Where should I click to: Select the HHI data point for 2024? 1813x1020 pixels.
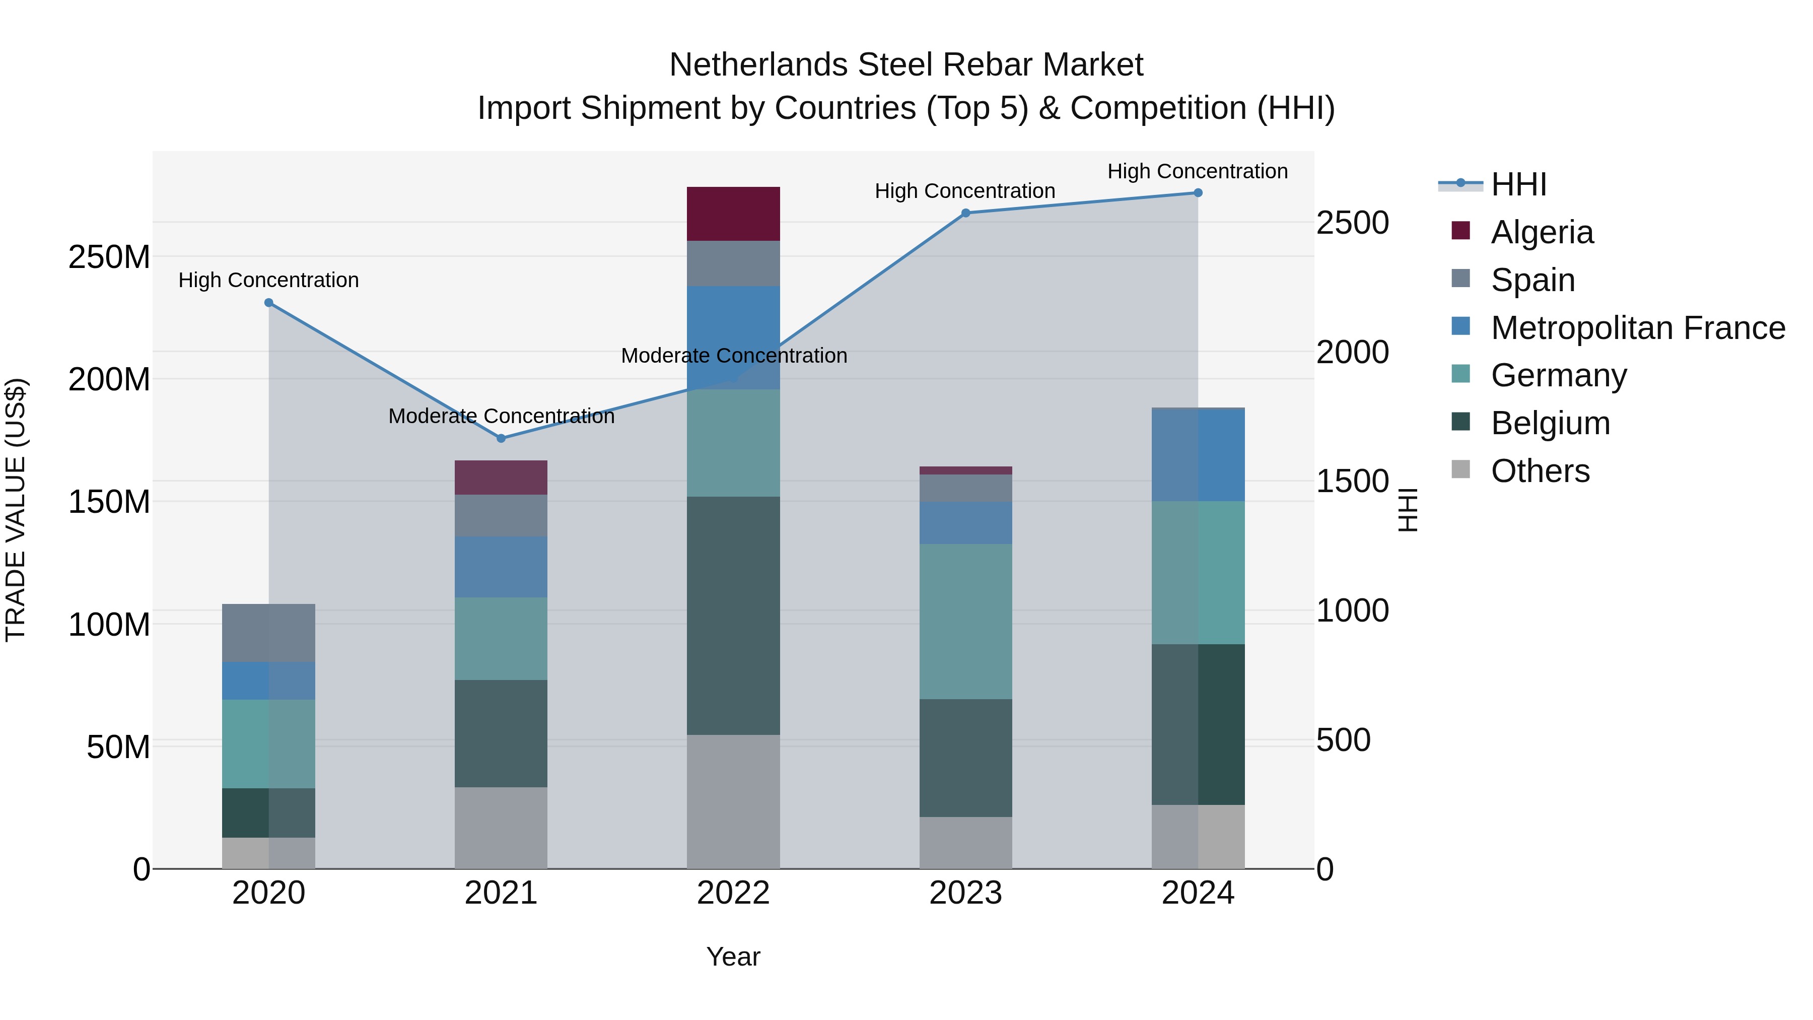tap(1198, 193)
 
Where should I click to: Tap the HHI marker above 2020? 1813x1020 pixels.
tap(269, 303)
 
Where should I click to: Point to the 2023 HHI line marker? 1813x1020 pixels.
tap(965, 213)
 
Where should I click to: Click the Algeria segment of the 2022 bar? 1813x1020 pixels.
tap(733, 214)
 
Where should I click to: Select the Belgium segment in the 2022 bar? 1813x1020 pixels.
tap(733, 616)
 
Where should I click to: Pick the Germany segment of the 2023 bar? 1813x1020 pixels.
tap(965, 621)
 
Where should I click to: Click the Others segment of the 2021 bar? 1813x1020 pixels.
tap(501, 828)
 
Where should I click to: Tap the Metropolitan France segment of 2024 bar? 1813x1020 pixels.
tap(1198, 455)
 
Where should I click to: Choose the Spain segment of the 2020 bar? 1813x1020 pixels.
tap(269, 633)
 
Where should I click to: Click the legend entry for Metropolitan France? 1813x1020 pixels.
tap(1637, 328)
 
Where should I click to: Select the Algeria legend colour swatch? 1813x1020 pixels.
tap(1460, 231)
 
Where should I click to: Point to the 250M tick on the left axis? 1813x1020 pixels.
tap(109, 257)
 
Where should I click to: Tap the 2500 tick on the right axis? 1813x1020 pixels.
tap(1352, 223)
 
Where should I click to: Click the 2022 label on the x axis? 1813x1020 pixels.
tap(733, 893)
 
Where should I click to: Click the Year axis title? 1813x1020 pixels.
tap(733, 957)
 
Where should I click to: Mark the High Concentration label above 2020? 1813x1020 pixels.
tap(269, 280)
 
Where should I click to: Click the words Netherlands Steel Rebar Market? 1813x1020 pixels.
tap(906, 65)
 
